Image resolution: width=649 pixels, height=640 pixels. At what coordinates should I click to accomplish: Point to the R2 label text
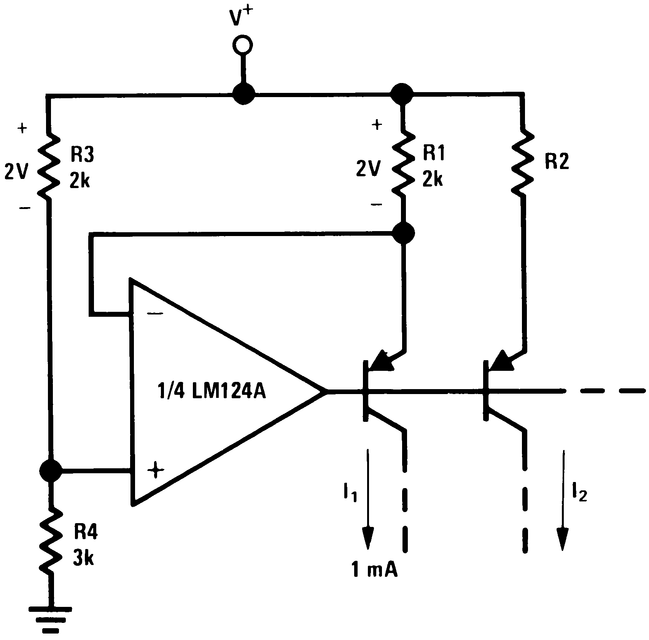[x=557, y=162]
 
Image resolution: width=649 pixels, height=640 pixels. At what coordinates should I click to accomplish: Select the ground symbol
[x=50, y=620]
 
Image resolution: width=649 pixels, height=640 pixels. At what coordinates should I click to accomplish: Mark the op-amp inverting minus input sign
[x=155, y=314]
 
